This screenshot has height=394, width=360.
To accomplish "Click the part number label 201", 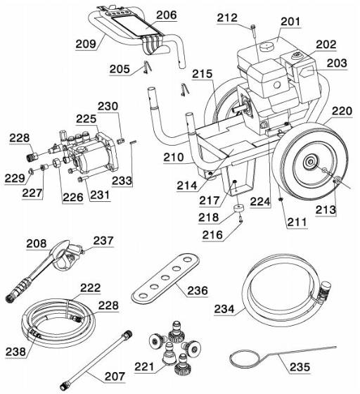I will coord(290,22).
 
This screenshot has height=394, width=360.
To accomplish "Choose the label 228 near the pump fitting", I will coord(20,139).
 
